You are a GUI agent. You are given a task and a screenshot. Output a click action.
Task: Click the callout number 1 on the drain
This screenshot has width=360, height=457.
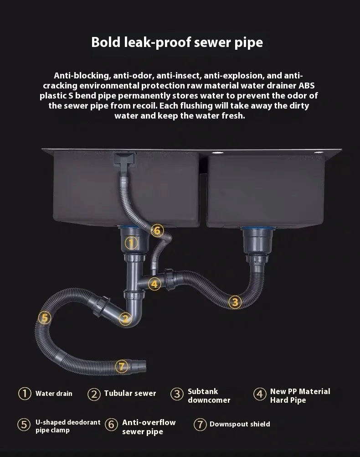(131, 243)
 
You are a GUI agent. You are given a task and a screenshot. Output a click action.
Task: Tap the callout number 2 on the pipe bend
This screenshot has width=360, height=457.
(125, 318)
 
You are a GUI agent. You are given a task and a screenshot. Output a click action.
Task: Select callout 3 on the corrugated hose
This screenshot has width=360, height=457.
(235, 302)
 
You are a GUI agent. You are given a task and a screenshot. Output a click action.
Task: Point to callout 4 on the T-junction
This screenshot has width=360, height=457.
(154, 284)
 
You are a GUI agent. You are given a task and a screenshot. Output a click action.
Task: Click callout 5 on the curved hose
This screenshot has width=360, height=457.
(45, 317)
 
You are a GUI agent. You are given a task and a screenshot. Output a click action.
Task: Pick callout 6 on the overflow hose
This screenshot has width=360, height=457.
(157, 231)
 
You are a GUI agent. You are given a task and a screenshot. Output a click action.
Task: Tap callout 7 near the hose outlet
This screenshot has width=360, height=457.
(122, 366)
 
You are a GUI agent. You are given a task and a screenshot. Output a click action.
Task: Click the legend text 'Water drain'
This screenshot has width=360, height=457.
(54, 394)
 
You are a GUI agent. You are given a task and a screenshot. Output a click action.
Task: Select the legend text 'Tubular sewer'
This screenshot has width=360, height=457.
(130, 394)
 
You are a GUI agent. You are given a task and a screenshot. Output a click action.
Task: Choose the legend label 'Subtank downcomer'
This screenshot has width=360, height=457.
(209, 395)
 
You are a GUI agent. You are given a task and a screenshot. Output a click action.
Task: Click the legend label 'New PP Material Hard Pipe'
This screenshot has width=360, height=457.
(300, 395)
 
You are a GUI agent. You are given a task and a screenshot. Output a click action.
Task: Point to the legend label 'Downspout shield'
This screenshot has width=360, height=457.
(240, 424)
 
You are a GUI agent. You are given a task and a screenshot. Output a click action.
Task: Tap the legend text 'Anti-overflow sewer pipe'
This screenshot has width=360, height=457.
(149, 427)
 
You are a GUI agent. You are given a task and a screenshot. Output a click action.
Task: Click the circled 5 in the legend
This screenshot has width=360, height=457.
(24, 424)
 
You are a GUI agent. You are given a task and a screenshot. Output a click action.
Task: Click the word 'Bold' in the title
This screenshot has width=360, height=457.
(106, 42)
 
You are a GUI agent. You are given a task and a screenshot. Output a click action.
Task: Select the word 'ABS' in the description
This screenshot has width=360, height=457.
(307, 86)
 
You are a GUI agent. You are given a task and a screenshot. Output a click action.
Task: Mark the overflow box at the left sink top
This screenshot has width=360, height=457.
(124, 160)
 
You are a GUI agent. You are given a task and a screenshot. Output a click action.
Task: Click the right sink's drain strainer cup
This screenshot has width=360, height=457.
(257, 240)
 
